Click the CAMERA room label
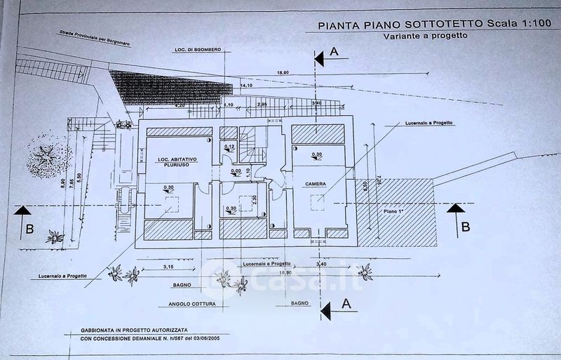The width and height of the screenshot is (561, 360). [x=317, y=185]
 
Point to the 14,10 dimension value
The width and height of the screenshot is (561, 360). [x=245, y=86]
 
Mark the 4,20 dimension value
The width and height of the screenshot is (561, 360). [x=180, y=106]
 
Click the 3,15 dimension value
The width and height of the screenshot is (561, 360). [x=167, y=267]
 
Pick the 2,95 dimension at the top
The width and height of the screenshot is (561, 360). [x=262, y=105]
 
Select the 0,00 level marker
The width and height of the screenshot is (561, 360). [x=235, y=171]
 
